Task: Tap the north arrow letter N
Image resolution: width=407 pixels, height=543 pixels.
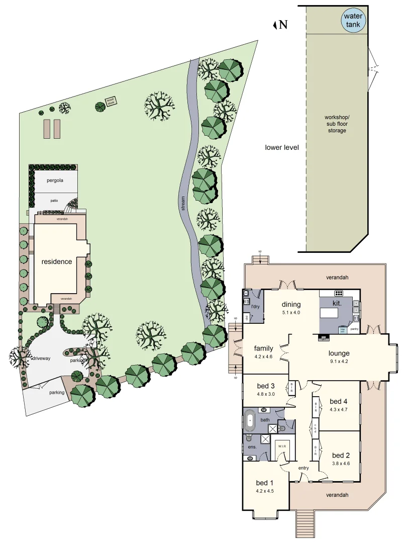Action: pyautogui.click(x=283, y=25)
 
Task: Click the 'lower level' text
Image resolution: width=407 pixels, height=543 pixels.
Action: pyautogui.click(x=282, y=147)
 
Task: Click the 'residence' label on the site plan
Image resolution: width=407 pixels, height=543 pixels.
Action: pyautogui.click(x=57, y=261)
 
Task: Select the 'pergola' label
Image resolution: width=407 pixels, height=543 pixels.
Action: pyautogui.click(x=55, y=180)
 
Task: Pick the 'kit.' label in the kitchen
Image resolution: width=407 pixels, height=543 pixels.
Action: pyautogui.click(x=337, y=304)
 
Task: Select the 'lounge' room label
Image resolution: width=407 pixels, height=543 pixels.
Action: pyautogui.click(x=339, y=353)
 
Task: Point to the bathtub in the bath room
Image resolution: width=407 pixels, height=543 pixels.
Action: pyautogui.click(x=250, y=421)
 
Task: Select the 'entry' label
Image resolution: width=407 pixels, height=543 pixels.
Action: pyautogui.click(x=303, y=468)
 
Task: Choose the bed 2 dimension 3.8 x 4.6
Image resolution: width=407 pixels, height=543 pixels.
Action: pyautogui.click(x=341, y=464)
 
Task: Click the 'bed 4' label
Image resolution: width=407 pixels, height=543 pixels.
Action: pyautogui.click(x=339, y=401)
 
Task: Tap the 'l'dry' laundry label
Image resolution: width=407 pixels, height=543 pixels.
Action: pyautogui.click(x=255, y=306)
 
